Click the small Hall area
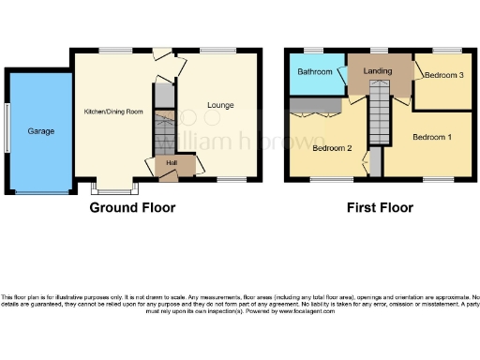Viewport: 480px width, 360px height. click(x=172, y=162)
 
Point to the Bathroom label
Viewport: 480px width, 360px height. click(x=315, y=72)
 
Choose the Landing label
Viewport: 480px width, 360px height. click(x=378, y=71)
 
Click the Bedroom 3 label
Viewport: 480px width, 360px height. click(x=442, y=75)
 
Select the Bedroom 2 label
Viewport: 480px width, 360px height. click(x=331, y=148)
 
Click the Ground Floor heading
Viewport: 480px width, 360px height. click(x=132, y=207)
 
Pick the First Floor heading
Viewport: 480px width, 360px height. click(x=379, y=207)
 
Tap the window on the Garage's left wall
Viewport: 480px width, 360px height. click(x=5, y=132)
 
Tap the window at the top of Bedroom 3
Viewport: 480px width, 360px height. click(x=444, y=50)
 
